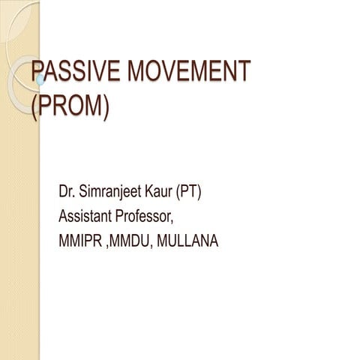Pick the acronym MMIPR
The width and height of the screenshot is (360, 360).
[x=81, y=241]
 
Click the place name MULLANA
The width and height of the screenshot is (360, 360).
[x=189, y=241]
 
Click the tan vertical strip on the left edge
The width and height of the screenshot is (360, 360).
[x=19, y=225]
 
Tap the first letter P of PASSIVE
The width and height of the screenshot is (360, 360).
[x=36, y=72]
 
